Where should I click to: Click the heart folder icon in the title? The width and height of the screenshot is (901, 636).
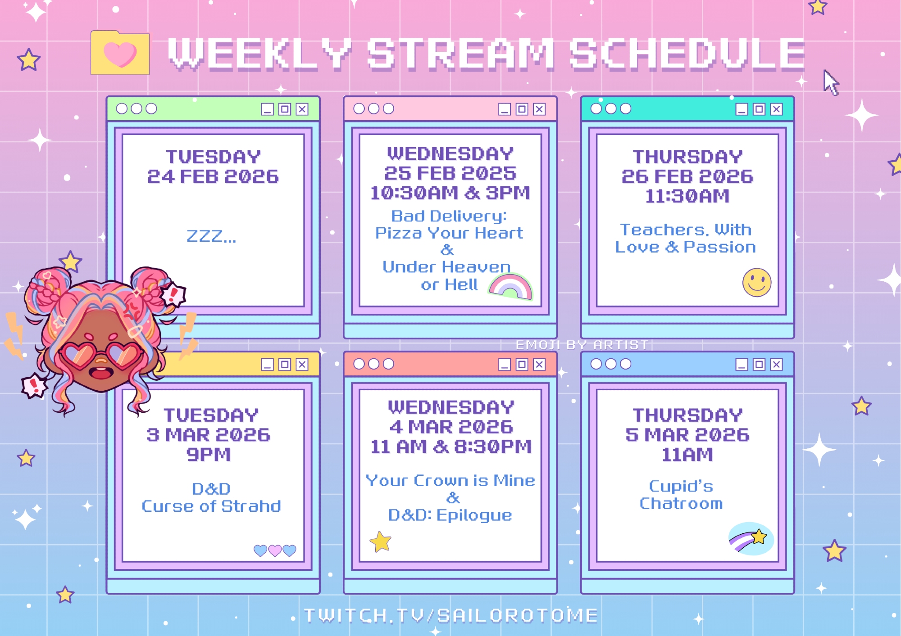120,52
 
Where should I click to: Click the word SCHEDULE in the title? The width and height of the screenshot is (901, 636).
687,54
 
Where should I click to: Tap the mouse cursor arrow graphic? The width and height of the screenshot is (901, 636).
831,82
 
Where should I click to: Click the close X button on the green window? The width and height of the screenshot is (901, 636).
302,109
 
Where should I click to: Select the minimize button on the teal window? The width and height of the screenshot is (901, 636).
742,109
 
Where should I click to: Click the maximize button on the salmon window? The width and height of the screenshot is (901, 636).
522,364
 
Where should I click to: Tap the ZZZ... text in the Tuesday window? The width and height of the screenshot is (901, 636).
211,235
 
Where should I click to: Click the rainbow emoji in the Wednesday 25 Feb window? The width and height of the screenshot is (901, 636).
510,287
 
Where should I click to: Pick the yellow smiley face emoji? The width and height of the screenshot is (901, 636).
757,283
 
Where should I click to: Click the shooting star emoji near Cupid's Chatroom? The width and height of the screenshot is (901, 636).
751,539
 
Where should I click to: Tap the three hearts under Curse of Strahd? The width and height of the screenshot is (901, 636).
275,550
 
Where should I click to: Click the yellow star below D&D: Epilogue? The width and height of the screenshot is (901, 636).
381,541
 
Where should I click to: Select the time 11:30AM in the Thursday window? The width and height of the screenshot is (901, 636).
687,196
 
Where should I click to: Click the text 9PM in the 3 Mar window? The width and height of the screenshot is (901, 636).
209,455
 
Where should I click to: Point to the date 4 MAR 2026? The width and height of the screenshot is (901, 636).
451,427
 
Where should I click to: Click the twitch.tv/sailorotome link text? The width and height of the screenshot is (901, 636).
451,615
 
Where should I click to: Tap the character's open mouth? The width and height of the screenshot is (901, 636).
101,373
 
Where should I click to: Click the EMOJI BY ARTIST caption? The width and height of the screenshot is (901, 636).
582,345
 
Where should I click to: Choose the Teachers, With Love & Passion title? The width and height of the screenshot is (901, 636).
686,239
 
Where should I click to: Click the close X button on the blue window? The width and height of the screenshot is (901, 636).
776,364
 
